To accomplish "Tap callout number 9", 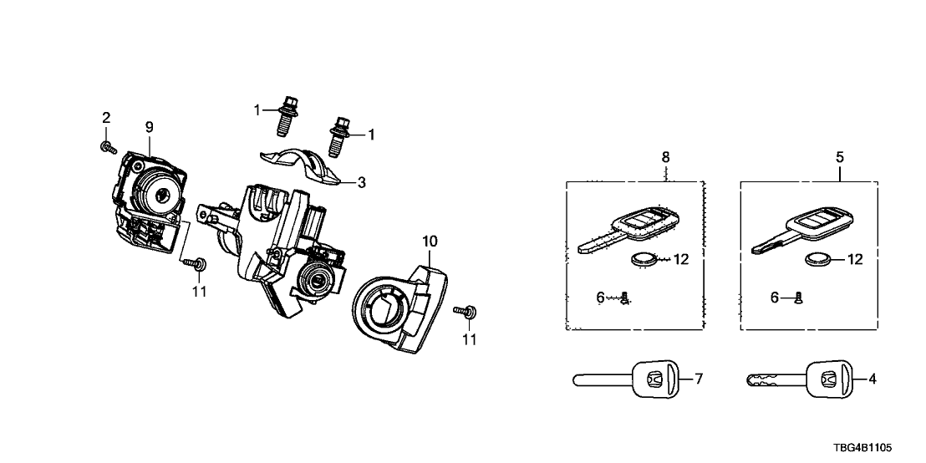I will coord(150,127).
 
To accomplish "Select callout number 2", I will coord(106,117).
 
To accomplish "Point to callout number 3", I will coord(361,181).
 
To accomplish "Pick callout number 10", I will coord(430,242).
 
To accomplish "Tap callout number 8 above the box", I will coord(666,156).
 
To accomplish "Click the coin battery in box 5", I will coord(817,260).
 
